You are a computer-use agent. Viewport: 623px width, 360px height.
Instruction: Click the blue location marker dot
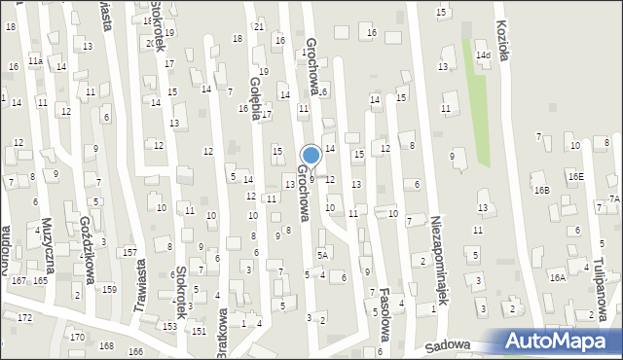[311, 155]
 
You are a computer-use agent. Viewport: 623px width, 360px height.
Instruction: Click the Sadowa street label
[448, 345]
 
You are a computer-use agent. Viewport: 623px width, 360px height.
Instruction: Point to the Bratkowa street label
[223, 333]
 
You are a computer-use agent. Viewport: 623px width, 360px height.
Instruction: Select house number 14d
[483, 55]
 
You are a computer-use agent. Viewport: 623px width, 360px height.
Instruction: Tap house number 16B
[540, 190]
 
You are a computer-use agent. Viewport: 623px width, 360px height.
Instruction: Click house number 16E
[576, 176]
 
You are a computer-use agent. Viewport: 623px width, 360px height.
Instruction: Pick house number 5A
[322, 255]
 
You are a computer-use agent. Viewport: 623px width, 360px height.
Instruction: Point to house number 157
[129, 252]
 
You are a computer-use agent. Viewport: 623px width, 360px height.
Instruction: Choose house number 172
[24, 318]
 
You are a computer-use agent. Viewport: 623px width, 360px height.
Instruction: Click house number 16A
[556, 277]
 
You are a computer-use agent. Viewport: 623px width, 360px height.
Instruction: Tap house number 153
[170, 326]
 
